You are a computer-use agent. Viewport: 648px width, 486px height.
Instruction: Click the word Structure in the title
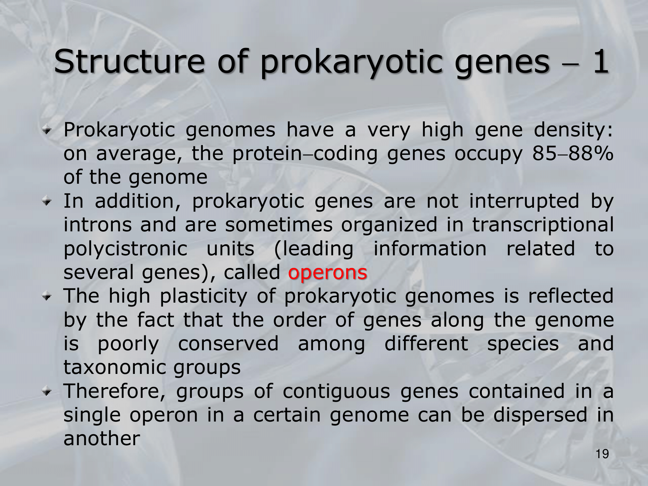129,61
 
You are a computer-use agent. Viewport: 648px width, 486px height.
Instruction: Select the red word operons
328,272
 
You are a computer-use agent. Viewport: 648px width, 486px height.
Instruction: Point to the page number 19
602,454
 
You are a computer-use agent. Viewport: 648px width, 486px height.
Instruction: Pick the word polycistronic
126,249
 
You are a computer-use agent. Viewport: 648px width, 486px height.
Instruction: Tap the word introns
98,225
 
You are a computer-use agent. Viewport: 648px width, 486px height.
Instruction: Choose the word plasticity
203,296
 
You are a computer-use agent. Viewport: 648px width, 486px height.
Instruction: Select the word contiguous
336,391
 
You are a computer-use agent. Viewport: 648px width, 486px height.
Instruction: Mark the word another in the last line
102,439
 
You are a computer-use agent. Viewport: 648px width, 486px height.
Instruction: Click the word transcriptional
543,225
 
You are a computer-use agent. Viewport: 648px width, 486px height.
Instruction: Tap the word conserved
228,344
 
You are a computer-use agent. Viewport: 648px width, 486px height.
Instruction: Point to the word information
430,249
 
